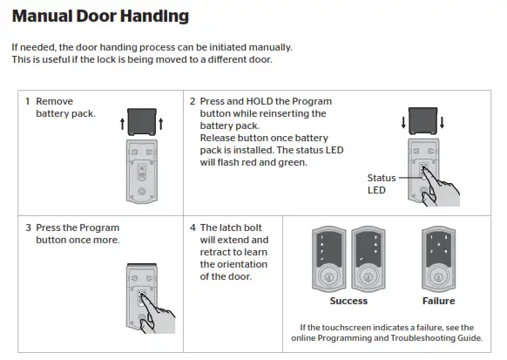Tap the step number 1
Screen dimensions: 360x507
pos(28,101)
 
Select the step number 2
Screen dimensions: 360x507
pos(192,101)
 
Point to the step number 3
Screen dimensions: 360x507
pos(28,228)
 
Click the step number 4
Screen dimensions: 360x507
pos(192,228)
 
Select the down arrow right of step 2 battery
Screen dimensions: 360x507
pos(444,121)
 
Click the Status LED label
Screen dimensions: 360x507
pos(382,184)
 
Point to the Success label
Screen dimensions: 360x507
pos(348,302)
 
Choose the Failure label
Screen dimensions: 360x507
pos(438,302)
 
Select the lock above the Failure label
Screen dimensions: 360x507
pos(437,259)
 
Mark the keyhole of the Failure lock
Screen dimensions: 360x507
pos(437,278)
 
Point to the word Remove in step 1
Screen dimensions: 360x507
pos(54,101)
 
